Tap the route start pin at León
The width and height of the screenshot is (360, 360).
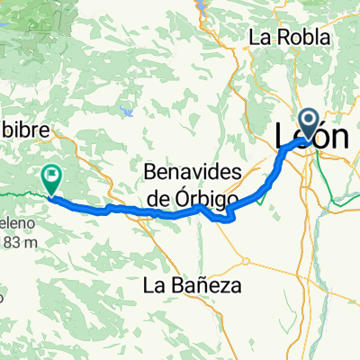click(308, 121)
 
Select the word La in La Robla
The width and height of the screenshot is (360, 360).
click(261, 38)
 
